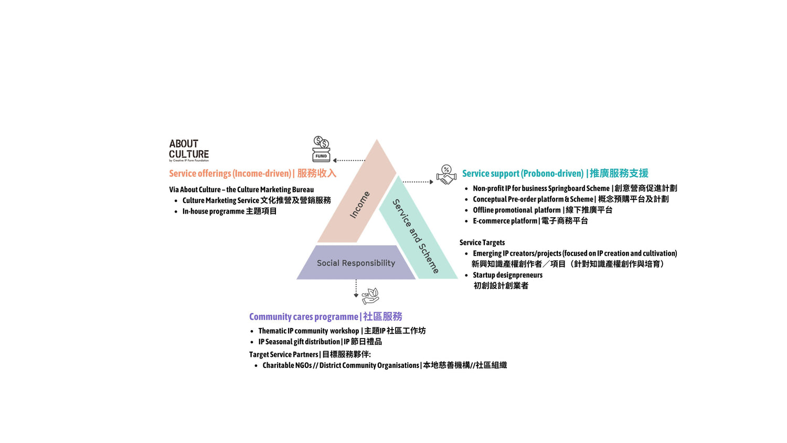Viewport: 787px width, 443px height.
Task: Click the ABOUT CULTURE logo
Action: [x=189, y=150]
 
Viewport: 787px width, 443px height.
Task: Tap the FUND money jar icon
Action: [x=321, y=149]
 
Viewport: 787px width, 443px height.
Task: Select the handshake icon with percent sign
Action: [x=446, y=175]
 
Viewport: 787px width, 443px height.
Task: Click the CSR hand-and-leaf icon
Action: [x=370, y=296]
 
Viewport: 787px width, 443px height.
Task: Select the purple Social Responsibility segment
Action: [x=356, y=262]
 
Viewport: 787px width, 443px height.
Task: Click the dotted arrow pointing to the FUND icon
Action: [x=349, y=160]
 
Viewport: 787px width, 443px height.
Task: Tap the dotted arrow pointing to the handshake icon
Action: [x=418, y=182]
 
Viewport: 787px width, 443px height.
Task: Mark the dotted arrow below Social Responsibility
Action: [x=356, y=288]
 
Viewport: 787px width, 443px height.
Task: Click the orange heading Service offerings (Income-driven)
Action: [x=252, y=173]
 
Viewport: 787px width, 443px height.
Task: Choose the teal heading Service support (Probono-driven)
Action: [x=555, y=173]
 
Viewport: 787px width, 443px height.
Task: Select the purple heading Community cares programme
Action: [x=325, y=317]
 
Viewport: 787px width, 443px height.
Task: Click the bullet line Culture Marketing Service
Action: [x=257, y=201]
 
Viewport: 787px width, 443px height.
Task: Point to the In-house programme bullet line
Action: [x=229, y=211]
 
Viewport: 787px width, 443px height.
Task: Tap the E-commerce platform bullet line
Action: [x=530, y=221]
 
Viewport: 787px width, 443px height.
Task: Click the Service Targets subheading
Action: [x=482, y=242]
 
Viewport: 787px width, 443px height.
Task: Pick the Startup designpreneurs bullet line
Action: [x=507, y=275]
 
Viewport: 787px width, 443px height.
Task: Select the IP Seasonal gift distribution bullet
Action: [x=320, y=342]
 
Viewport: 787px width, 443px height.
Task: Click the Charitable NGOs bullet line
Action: [x=384, y=365]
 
